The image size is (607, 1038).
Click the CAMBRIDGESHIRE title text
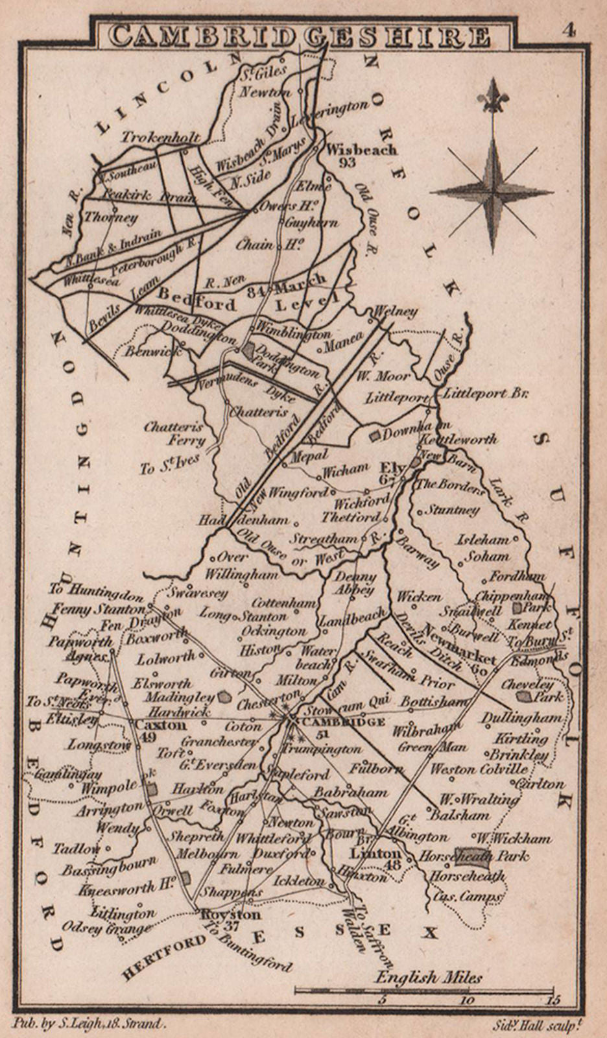(x=300, y=36)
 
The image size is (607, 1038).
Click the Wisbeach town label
(x=361, y=149)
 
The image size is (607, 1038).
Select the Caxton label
(x=160, y=725)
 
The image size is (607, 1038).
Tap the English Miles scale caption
(x=429, y=977)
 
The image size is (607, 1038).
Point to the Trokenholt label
(x=160, y=138)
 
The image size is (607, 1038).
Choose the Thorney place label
(x=111, y=217)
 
